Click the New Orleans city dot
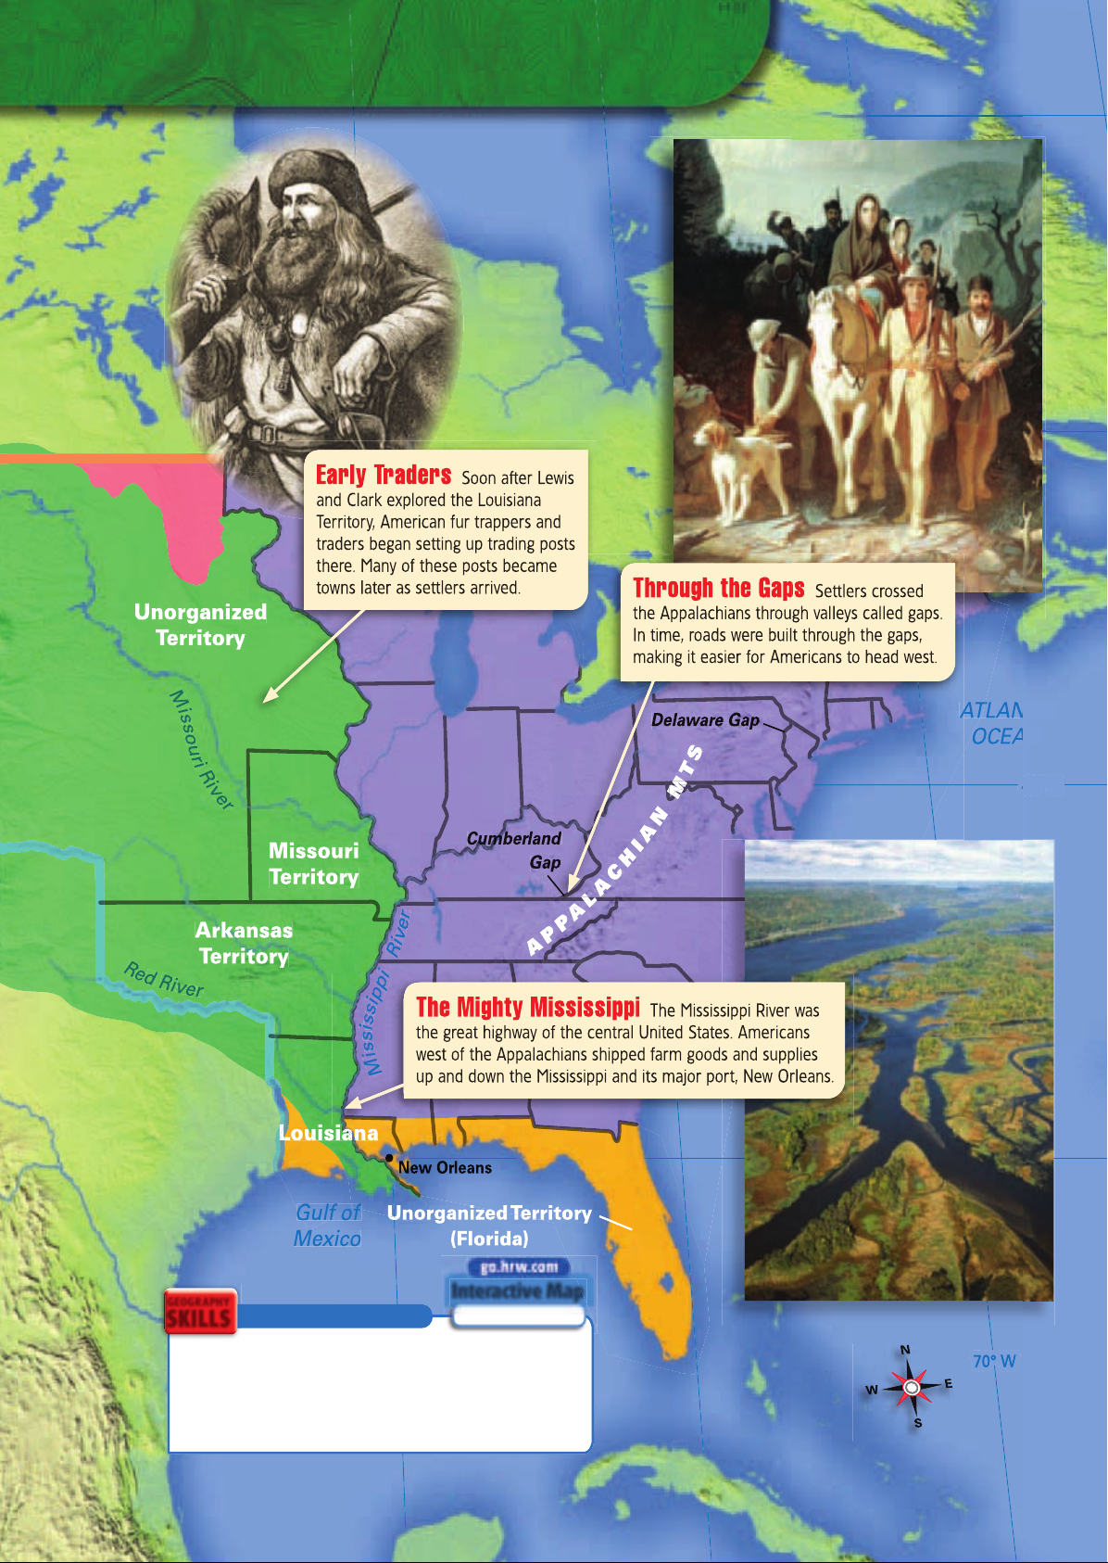(390, 1158)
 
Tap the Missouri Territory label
(313, 864)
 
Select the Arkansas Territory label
(244, 943)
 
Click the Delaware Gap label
(705, 720)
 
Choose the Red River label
(163, 979)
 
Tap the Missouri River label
(201, 750)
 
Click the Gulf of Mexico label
(327, 1226)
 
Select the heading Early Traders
(384, 476)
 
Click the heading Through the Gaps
(719, 589)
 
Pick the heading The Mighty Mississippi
(528, 1008)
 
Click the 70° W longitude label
(994, 1361)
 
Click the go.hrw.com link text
(519, 1267)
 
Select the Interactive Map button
(517, 1291)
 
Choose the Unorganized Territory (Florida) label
(489, 1226)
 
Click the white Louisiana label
(328, 1133)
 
